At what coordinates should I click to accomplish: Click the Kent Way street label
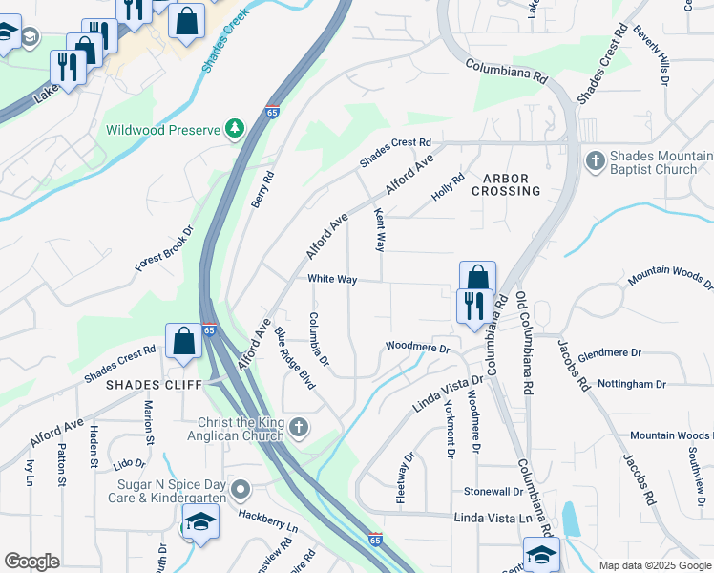pyautogui.click(x=380, y=230)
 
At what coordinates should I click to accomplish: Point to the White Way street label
pyautogui.click(x=332, y=279)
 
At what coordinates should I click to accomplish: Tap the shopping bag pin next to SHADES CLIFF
pyautogui.click(x=182, y=341)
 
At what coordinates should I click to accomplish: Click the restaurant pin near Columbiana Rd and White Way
pyautogui.click(x=473, y=307)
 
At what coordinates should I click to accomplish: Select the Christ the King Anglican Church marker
pyautogui.click(x=300, y=427)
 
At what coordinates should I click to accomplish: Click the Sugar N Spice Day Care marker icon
pyautogui.click(x=241, y=491)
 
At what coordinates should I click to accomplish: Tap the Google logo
pyautogui.click(x=31, y=562)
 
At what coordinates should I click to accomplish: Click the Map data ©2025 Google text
pyautogui.click(x=655, y=565)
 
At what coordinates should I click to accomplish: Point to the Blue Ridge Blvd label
pyautogui.click(x=294, y=356)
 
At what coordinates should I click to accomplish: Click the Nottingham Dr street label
pyautogui.click(x=631, y=384)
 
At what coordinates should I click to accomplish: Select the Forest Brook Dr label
pyautogui.click(x=164, y=249)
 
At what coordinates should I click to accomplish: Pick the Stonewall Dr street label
pyautogui.click(x=493, y=491)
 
